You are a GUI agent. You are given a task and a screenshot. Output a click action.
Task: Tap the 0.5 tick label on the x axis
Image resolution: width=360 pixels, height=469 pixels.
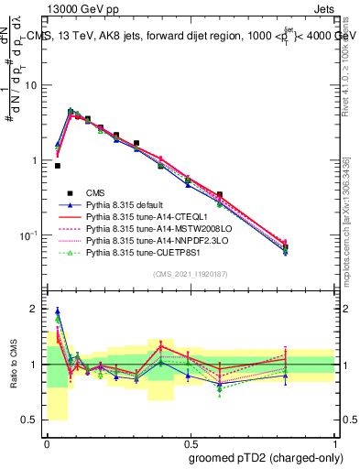(190, 442)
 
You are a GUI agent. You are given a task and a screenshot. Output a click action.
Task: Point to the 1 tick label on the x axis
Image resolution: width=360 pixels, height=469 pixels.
(336, 442)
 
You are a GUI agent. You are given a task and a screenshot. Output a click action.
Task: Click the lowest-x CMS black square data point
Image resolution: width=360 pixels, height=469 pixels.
(58, 166)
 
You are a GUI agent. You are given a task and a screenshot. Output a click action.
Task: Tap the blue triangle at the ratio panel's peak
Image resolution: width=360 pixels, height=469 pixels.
(58, 311)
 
